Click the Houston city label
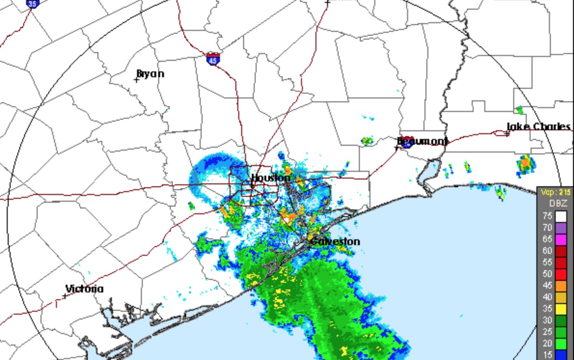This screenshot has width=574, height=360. (x=271, y=178)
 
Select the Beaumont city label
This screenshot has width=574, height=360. (x=422, y=141)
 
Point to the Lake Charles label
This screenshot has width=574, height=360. (x=538, y=126)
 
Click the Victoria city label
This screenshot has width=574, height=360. (x=84, y=289)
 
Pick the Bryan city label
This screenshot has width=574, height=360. (x=150, y=73)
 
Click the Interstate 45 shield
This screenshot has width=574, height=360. (x=213, y=59)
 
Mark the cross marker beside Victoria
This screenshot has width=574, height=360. (x=65, y=296)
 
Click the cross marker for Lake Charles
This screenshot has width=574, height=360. (x=507, y=134)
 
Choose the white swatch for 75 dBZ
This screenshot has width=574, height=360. (x=561, y=216)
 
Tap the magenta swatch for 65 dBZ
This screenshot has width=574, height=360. (x=561, y=239)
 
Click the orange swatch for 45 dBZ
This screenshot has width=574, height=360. (x=561, y=285)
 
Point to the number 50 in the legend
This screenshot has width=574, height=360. (x=547, y=274)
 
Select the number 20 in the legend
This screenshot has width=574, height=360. (x=547, y=343)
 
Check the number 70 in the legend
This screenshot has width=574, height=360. (x=547, y=227)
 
